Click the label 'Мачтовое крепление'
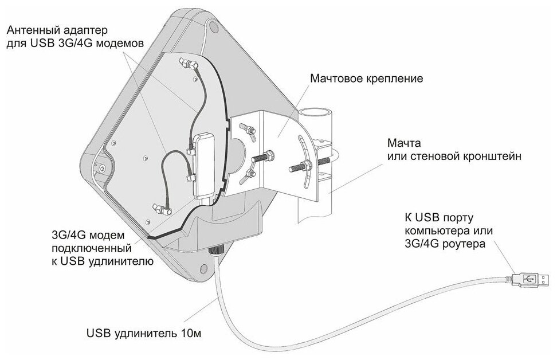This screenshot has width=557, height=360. tap(366, 79)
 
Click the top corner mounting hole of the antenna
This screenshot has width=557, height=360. tap(213, 26)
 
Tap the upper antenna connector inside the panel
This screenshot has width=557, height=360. tap(188, 63)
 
